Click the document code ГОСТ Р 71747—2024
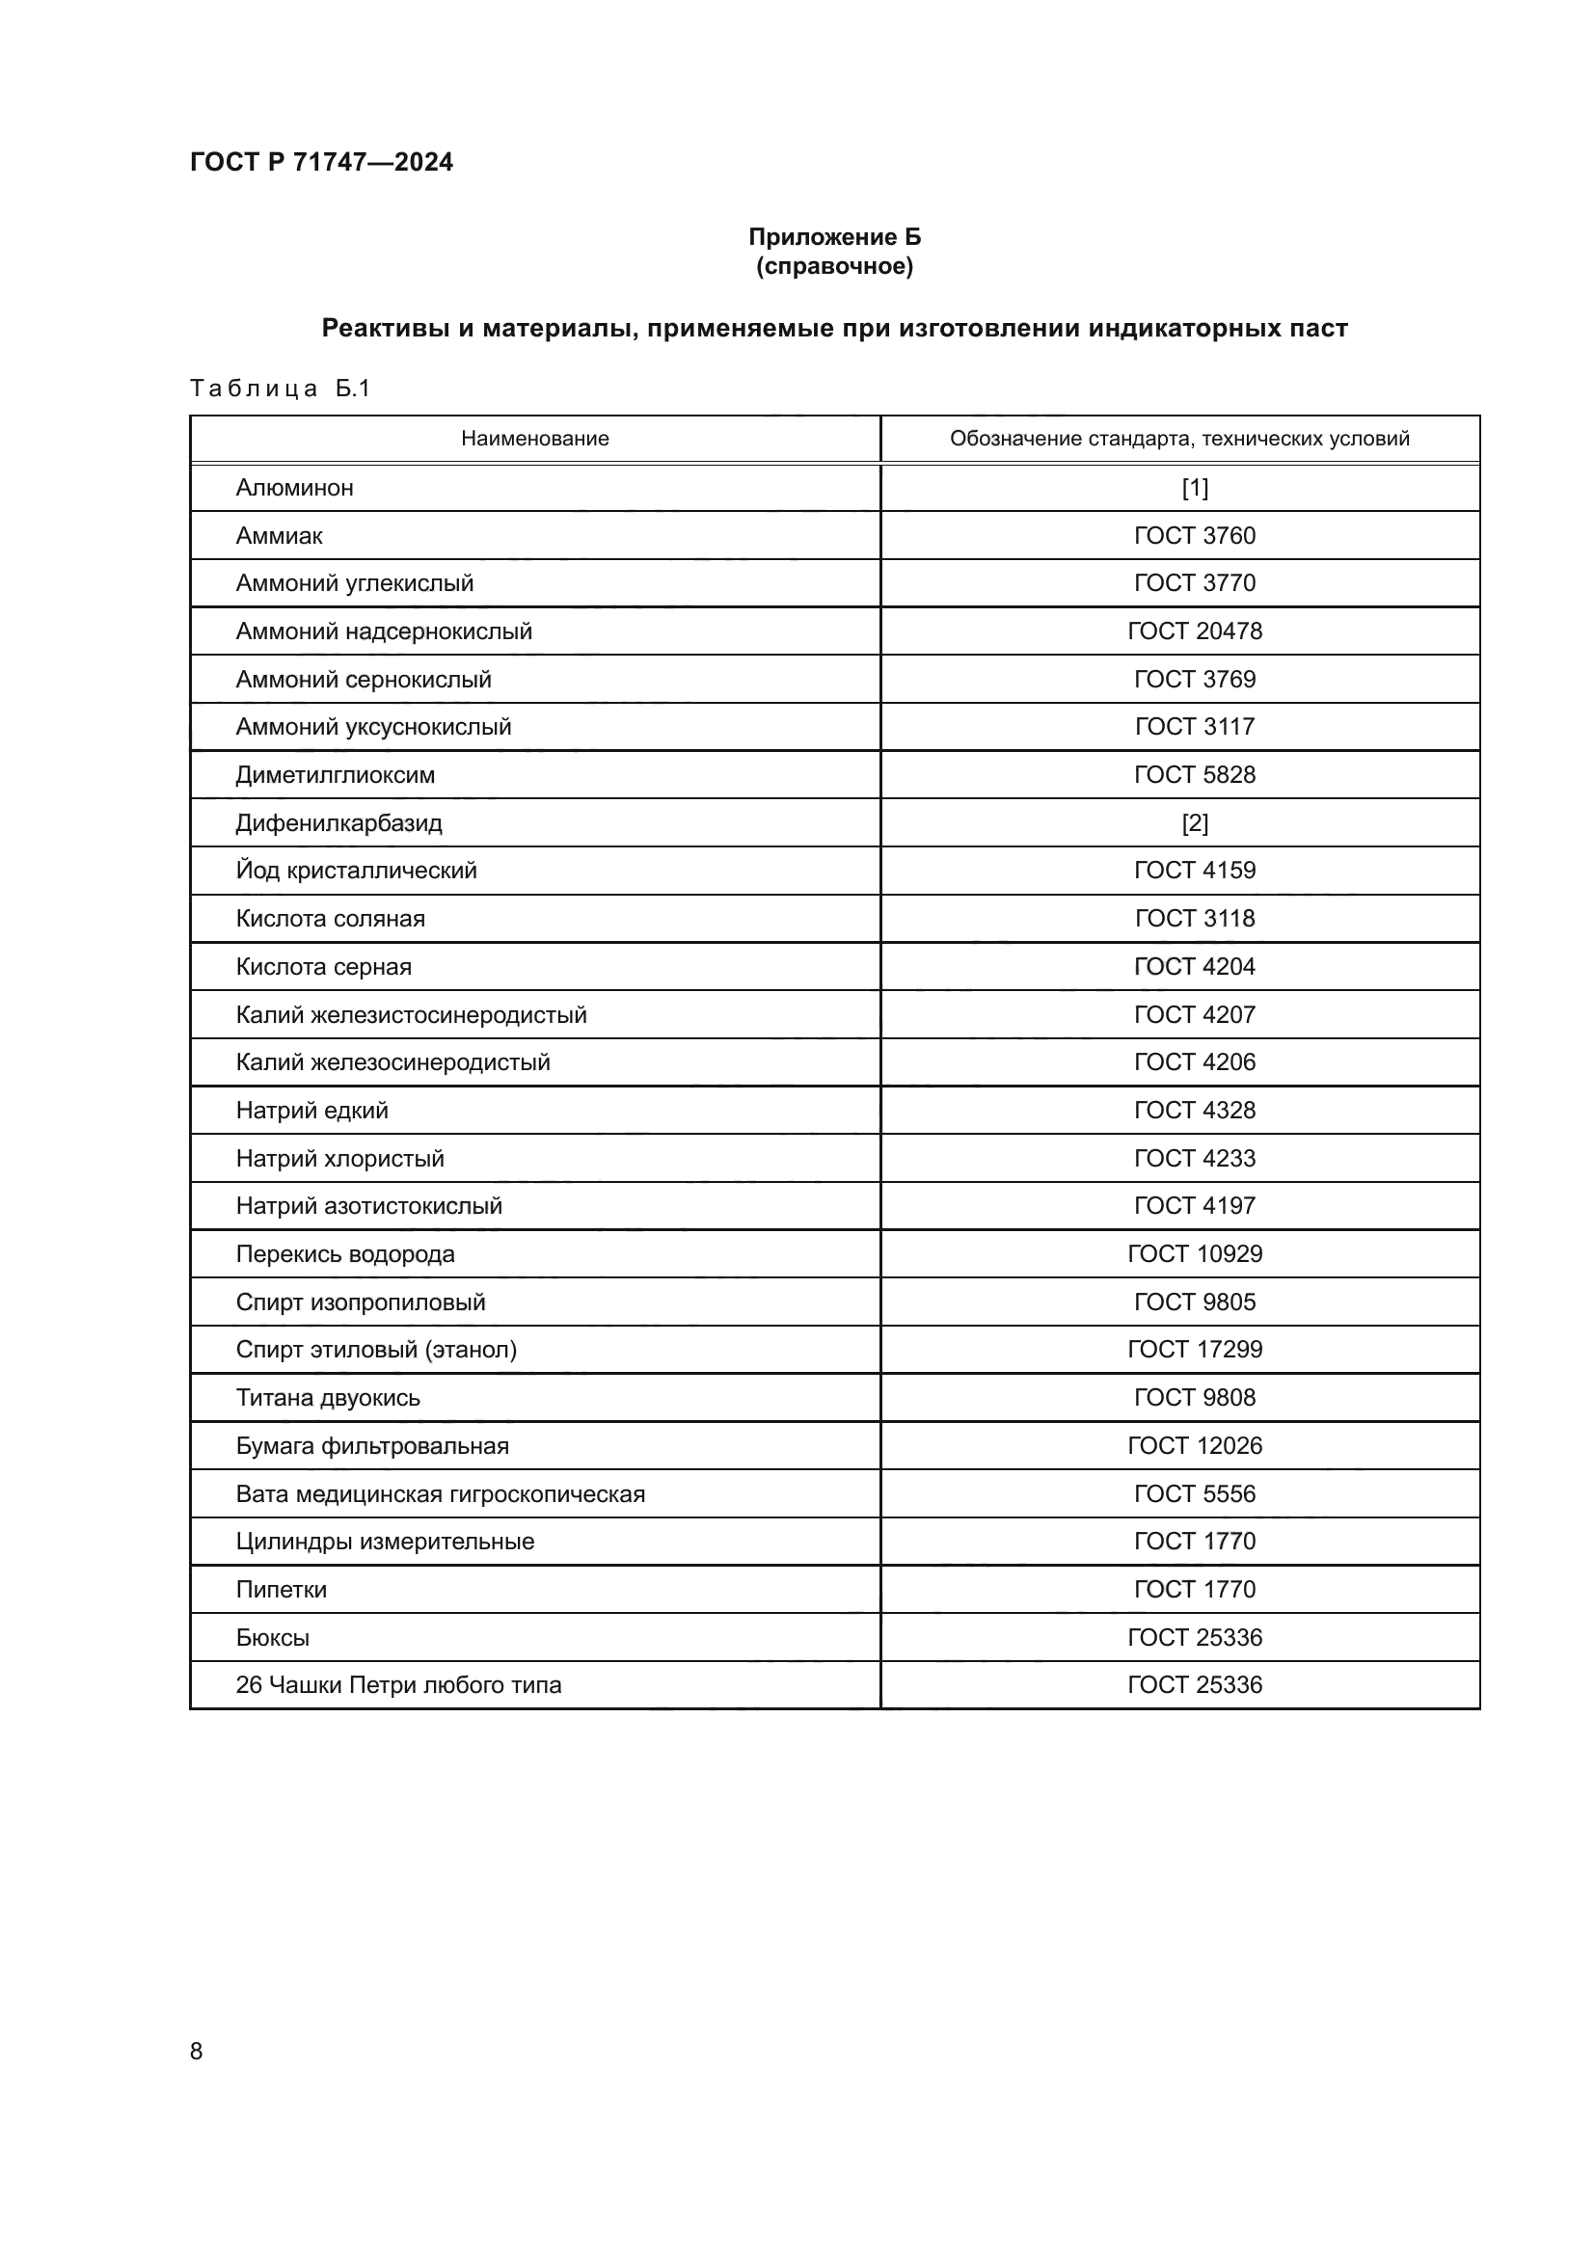point(321,162)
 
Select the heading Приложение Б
point(834,237)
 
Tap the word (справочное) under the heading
point(834,266)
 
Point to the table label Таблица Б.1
point(280,389)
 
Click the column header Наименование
point(534,439)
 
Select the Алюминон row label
point(295,488)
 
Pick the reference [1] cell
point(1194,488)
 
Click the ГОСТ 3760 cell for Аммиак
point(1194,535)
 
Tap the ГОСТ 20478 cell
point(1194,631)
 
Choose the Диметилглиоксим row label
point(335,775)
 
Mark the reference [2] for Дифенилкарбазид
point(1194,823)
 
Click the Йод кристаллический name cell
point(356,871)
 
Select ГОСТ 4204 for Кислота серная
point(1194,966)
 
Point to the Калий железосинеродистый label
point(392,1062)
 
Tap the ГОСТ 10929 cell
point(1194,1254)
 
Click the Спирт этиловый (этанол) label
point(376,1350)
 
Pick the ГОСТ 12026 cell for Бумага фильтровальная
point(1194,1446)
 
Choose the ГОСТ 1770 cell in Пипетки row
point(1194,1589)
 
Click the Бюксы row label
point(272,1637)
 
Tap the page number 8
point(197,2052)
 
